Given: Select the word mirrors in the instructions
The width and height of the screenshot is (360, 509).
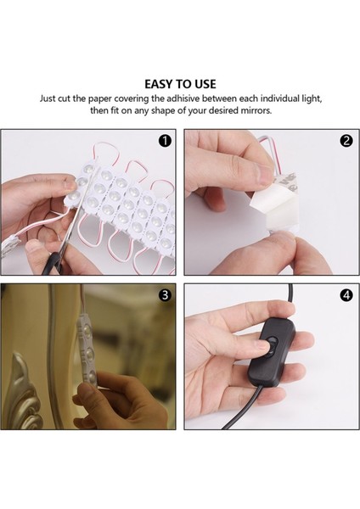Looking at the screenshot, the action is pyautogui.click(x=256, y=110).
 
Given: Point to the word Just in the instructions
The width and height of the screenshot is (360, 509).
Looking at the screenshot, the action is pyautogui.click(x=48, y=98).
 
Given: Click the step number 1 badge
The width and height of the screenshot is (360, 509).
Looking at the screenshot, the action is pyautogui.click(x=165, y=141).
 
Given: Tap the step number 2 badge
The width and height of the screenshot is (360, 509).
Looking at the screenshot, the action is pyautogui.click(x=346, y=141).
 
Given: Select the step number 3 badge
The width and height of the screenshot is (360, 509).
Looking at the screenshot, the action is pyautogui.click(x=165, y=294).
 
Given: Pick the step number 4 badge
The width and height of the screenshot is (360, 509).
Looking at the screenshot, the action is pyautogui.click(x=346, y=294).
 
